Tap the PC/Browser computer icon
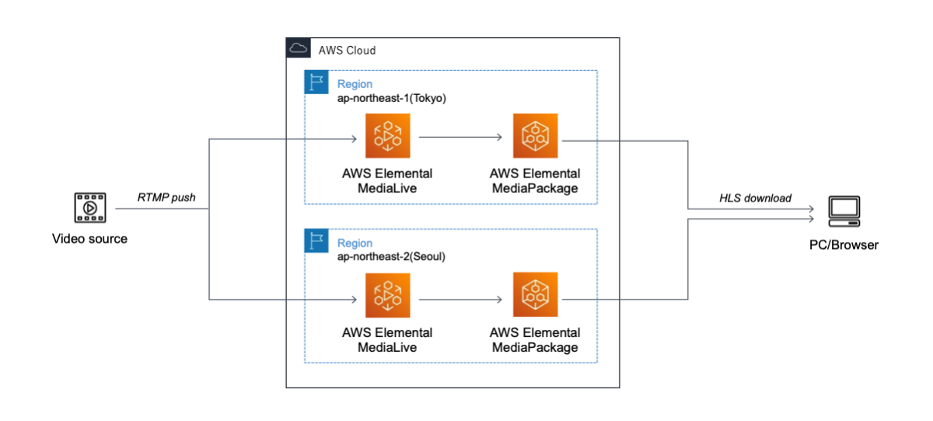pos(844,211)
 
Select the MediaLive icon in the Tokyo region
pos(387,136)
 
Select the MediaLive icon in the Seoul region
pos(387,295)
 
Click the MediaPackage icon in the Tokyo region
pos(535,136)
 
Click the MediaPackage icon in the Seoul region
pos(535,295)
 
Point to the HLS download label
pos(755,198)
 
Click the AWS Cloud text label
pos(347,51)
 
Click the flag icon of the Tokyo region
pos(316,82)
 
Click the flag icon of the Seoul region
pos(316,240)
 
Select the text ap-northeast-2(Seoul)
pos(390,257)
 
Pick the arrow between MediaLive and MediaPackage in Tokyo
pos(460,137)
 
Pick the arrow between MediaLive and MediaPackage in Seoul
pos(460,296)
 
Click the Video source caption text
pos(89,239)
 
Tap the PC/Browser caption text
pos(843,245)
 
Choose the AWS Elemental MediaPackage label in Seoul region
pos(535,340)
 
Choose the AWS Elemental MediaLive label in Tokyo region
pos(387,181)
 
